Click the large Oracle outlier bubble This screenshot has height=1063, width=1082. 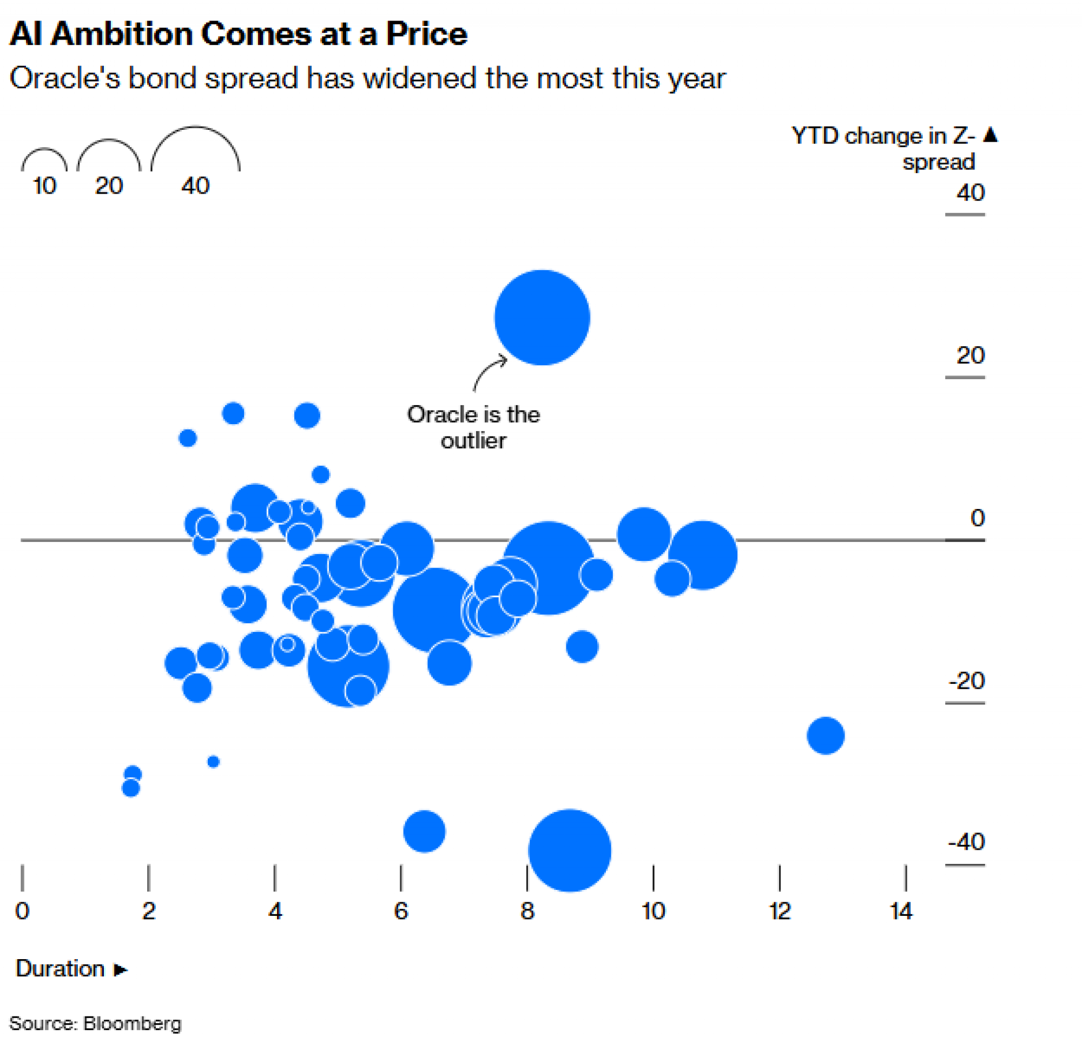pos(542,318)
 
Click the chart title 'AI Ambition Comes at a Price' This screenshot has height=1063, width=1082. pos(239,34)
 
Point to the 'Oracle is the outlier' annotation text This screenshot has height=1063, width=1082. pos(473,428)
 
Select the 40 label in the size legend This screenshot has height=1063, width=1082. pos(195,186)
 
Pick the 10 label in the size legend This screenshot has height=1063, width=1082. pos(45,186)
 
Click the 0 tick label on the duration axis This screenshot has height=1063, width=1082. pos(22,912)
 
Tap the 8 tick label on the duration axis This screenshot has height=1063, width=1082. pos(527,912)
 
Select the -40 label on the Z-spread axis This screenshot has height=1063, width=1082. pos(966,842)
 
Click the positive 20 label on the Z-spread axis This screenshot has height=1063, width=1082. pos(971,355)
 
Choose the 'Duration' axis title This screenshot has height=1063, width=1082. pos(60,969)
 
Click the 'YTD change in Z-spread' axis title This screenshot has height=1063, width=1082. pos(883,149)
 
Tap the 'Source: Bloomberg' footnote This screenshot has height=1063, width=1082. pos(95,1024)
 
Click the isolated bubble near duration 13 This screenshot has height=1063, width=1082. pos(825,736)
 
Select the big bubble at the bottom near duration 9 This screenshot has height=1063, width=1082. pos(570,850)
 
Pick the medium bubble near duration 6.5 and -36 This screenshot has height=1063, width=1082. pos(424,831)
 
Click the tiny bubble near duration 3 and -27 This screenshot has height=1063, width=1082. pos(213,762)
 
